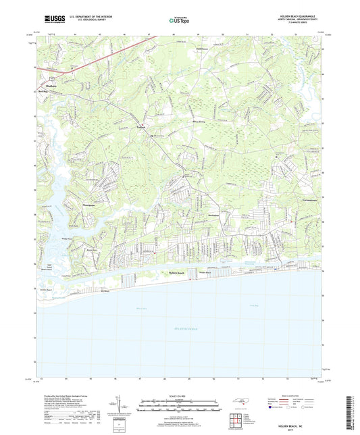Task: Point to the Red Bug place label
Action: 43,89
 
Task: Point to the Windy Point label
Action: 66,238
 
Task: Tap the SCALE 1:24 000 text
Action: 179,396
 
